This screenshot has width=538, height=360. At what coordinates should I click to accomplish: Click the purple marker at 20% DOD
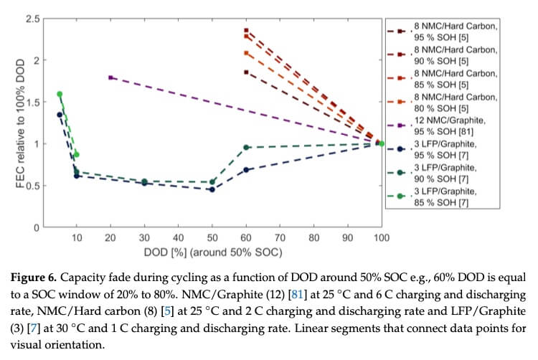coord(110,77)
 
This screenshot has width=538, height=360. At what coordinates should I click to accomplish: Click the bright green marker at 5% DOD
coord(60,94)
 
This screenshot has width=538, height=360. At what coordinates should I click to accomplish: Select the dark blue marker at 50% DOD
coord(212,189)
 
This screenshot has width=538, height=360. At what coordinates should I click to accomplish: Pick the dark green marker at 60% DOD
coord(246,147)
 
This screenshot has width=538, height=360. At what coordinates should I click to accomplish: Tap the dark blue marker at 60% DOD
coord(246,169)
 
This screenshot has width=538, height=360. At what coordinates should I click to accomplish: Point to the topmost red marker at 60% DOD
coord(246,31)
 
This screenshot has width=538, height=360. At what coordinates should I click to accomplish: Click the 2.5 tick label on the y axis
coord(32,18)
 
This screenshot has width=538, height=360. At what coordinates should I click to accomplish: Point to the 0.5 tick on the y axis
coord(32,186)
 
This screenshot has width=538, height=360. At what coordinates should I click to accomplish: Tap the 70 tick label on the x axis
coord(280,237)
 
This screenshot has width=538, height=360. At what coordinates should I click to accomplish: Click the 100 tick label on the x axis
coord(382,237)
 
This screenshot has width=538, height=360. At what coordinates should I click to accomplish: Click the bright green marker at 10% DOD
coord(76,154)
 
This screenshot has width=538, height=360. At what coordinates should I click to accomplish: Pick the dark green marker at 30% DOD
coord(144,181)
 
